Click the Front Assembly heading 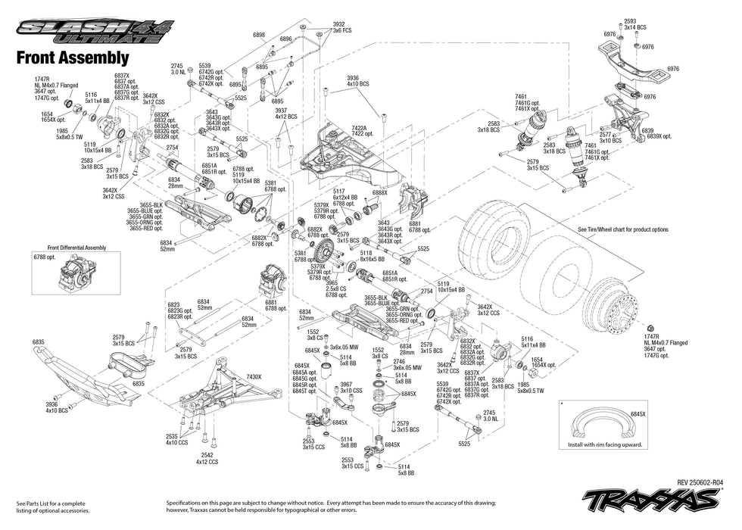pos(73,58)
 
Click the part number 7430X pos(254,376)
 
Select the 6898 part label pos(259,35)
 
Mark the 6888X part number pos(379,193)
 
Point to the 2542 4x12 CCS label pos(207,458)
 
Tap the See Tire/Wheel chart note pos(623,229)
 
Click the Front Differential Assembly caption pos(77,248)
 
